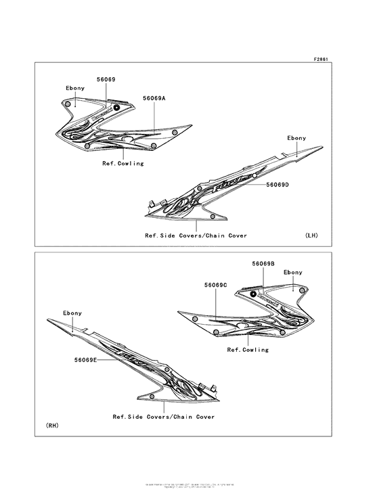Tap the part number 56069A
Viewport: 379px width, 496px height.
tap(154, 98)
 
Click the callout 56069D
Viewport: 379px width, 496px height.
tap(259, 185)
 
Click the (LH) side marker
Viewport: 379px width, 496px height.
tap(311, 235)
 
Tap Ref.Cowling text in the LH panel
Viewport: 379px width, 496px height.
tap(123, 163)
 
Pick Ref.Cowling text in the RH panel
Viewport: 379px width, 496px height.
tap(248, 350)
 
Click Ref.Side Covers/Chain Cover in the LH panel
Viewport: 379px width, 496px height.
tap(195, 235)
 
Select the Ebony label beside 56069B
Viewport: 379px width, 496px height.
tap(293, 272)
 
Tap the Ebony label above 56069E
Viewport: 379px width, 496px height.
tap(72, 313)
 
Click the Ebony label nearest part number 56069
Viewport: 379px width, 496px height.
tap(75, 89)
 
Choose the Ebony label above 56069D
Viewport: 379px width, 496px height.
tap(296, 138)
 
